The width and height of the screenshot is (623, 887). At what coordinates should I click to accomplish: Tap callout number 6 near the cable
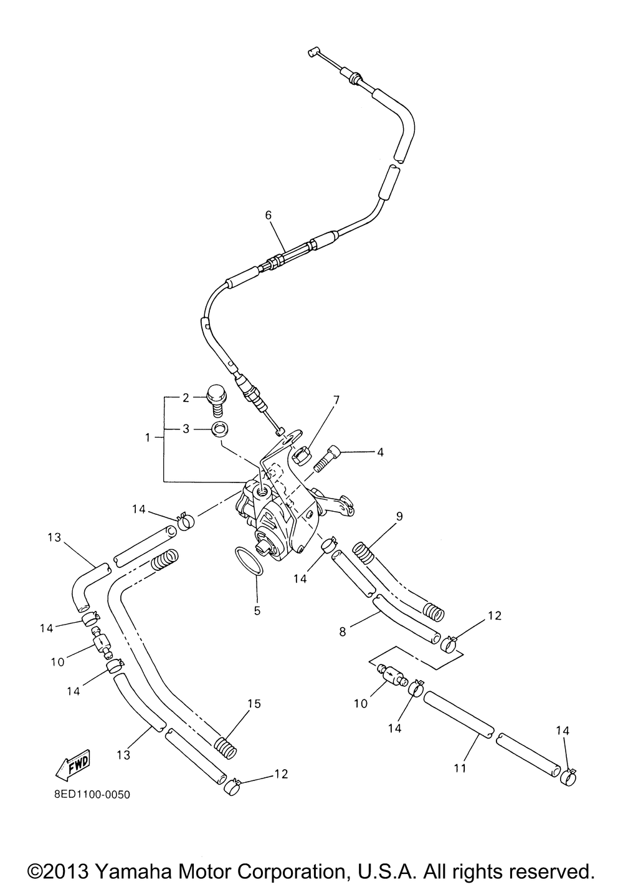[269, 215]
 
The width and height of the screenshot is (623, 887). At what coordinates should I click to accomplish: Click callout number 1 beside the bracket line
[148, 438]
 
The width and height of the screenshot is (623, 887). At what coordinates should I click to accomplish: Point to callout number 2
[186, 398]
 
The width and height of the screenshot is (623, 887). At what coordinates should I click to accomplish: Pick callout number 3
[186, 429]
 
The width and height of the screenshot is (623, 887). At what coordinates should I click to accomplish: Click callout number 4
[381, 452]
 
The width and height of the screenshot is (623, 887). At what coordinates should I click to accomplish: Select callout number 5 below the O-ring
[257, 611]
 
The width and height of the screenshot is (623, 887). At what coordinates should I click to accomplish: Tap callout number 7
[336, 400]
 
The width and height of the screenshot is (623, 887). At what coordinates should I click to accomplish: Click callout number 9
[399, 516]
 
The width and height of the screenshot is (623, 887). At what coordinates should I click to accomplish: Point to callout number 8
[343, 631]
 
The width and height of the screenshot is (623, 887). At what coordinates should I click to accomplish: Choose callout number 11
[460, 768]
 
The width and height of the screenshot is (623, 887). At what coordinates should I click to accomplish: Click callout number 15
[255, 704]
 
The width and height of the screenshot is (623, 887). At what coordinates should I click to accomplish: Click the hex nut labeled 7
[300, 453]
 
